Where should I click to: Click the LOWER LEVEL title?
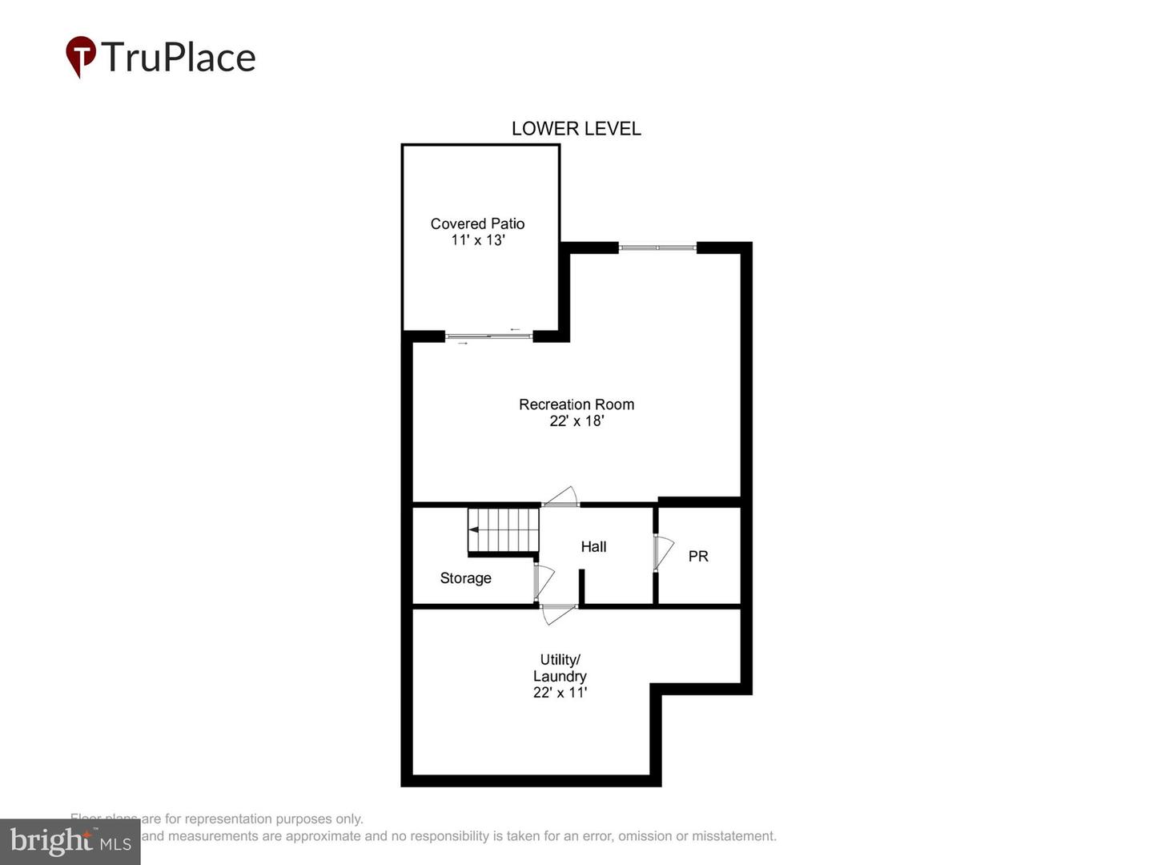576,129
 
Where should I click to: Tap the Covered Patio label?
477,223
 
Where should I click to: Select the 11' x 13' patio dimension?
477,240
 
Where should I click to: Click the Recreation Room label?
576,404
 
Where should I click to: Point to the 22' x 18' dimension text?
576,421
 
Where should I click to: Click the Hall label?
593,546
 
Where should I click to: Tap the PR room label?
698,556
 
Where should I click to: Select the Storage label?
465,578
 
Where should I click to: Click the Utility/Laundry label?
560,668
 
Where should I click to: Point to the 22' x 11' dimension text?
560,693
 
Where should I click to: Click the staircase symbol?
504,530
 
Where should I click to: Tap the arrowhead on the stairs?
473,530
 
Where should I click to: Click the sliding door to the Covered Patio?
488,336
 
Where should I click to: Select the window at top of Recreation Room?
657,248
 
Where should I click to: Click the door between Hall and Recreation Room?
560,497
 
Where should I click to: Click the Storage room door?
542,581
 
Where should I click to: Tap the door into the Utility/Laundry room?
559,614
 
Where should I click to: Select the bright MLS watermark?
70,842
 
